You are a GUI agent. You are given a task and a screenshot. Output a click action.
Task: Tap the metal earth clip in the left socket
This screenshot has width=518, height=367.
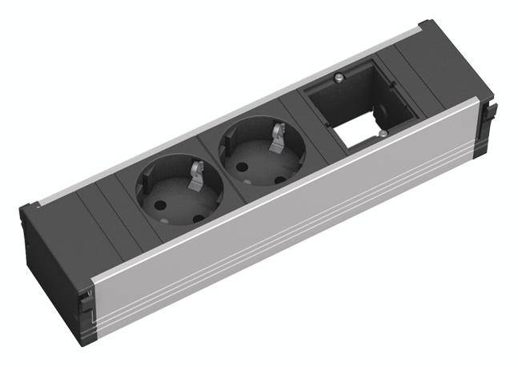pyautogui.click(x=195, y=178)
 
